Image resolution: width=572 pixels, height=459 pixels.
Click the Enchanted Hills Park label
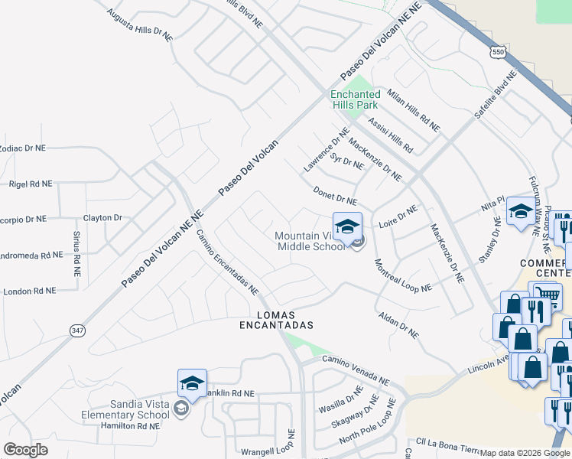(x=355, y=99)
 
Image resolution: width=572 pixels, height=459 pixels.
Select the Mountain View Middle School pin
(x=346, y=228)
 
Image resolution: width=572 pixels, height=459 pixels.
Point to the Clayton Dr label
(x=102, y=218)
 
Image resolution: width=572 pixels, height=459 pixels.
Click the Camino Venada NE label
(x=355, y=371)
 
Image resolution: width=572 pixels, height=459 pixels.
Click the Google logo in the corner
(x=25, y=450)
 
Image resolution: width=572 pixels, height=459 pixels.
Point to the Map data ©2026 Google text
(x=525, y=453)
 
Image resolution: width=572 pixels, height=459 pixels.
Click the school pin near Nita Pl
(x=522, y=213)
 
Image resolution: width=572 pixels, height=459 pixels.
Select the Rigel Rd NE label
(x=31, y=184)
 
